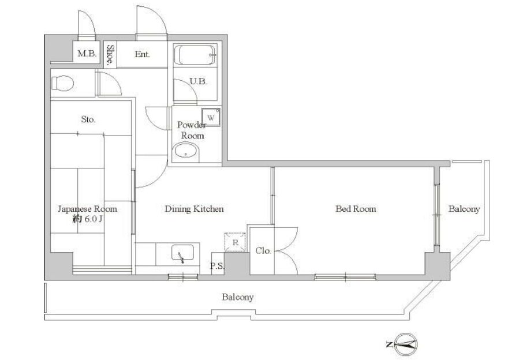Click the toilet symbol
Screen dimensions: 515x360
pos(62,82)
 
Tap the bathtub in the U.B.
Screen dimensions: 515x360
pos(195,55)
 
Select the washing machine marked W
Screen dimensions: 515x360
pos(211,117)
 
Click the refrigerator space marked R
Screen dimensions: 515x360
pos(235,242)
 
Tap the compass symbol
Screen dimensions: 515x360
pos(406,344)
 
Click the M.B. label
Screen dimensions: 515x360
pos(87,53)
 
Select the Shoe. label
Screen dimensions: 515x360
pos(111,54)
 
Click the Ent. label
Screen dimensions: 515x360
pos(142,54)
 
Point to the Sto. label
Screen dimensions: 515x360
pos(88,119)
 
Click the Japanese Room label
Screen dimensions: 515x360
pos(87,209)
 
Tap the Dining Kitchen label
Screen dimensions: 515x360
pos(194,209)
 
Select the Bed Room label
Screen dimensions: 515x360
pos(356,209)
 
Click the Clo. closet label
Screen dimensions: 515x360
pos(263,251)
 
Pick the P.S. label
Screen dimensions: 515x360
pos(217,266)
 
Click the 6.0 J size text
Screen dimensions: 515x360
pos(93,219)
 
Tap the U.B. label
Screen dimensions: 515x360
pos(199,81)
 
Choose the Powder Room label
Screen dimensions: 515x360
pos(192,130)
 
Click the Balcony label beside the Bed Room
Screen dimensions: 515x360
pos(464,209)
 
